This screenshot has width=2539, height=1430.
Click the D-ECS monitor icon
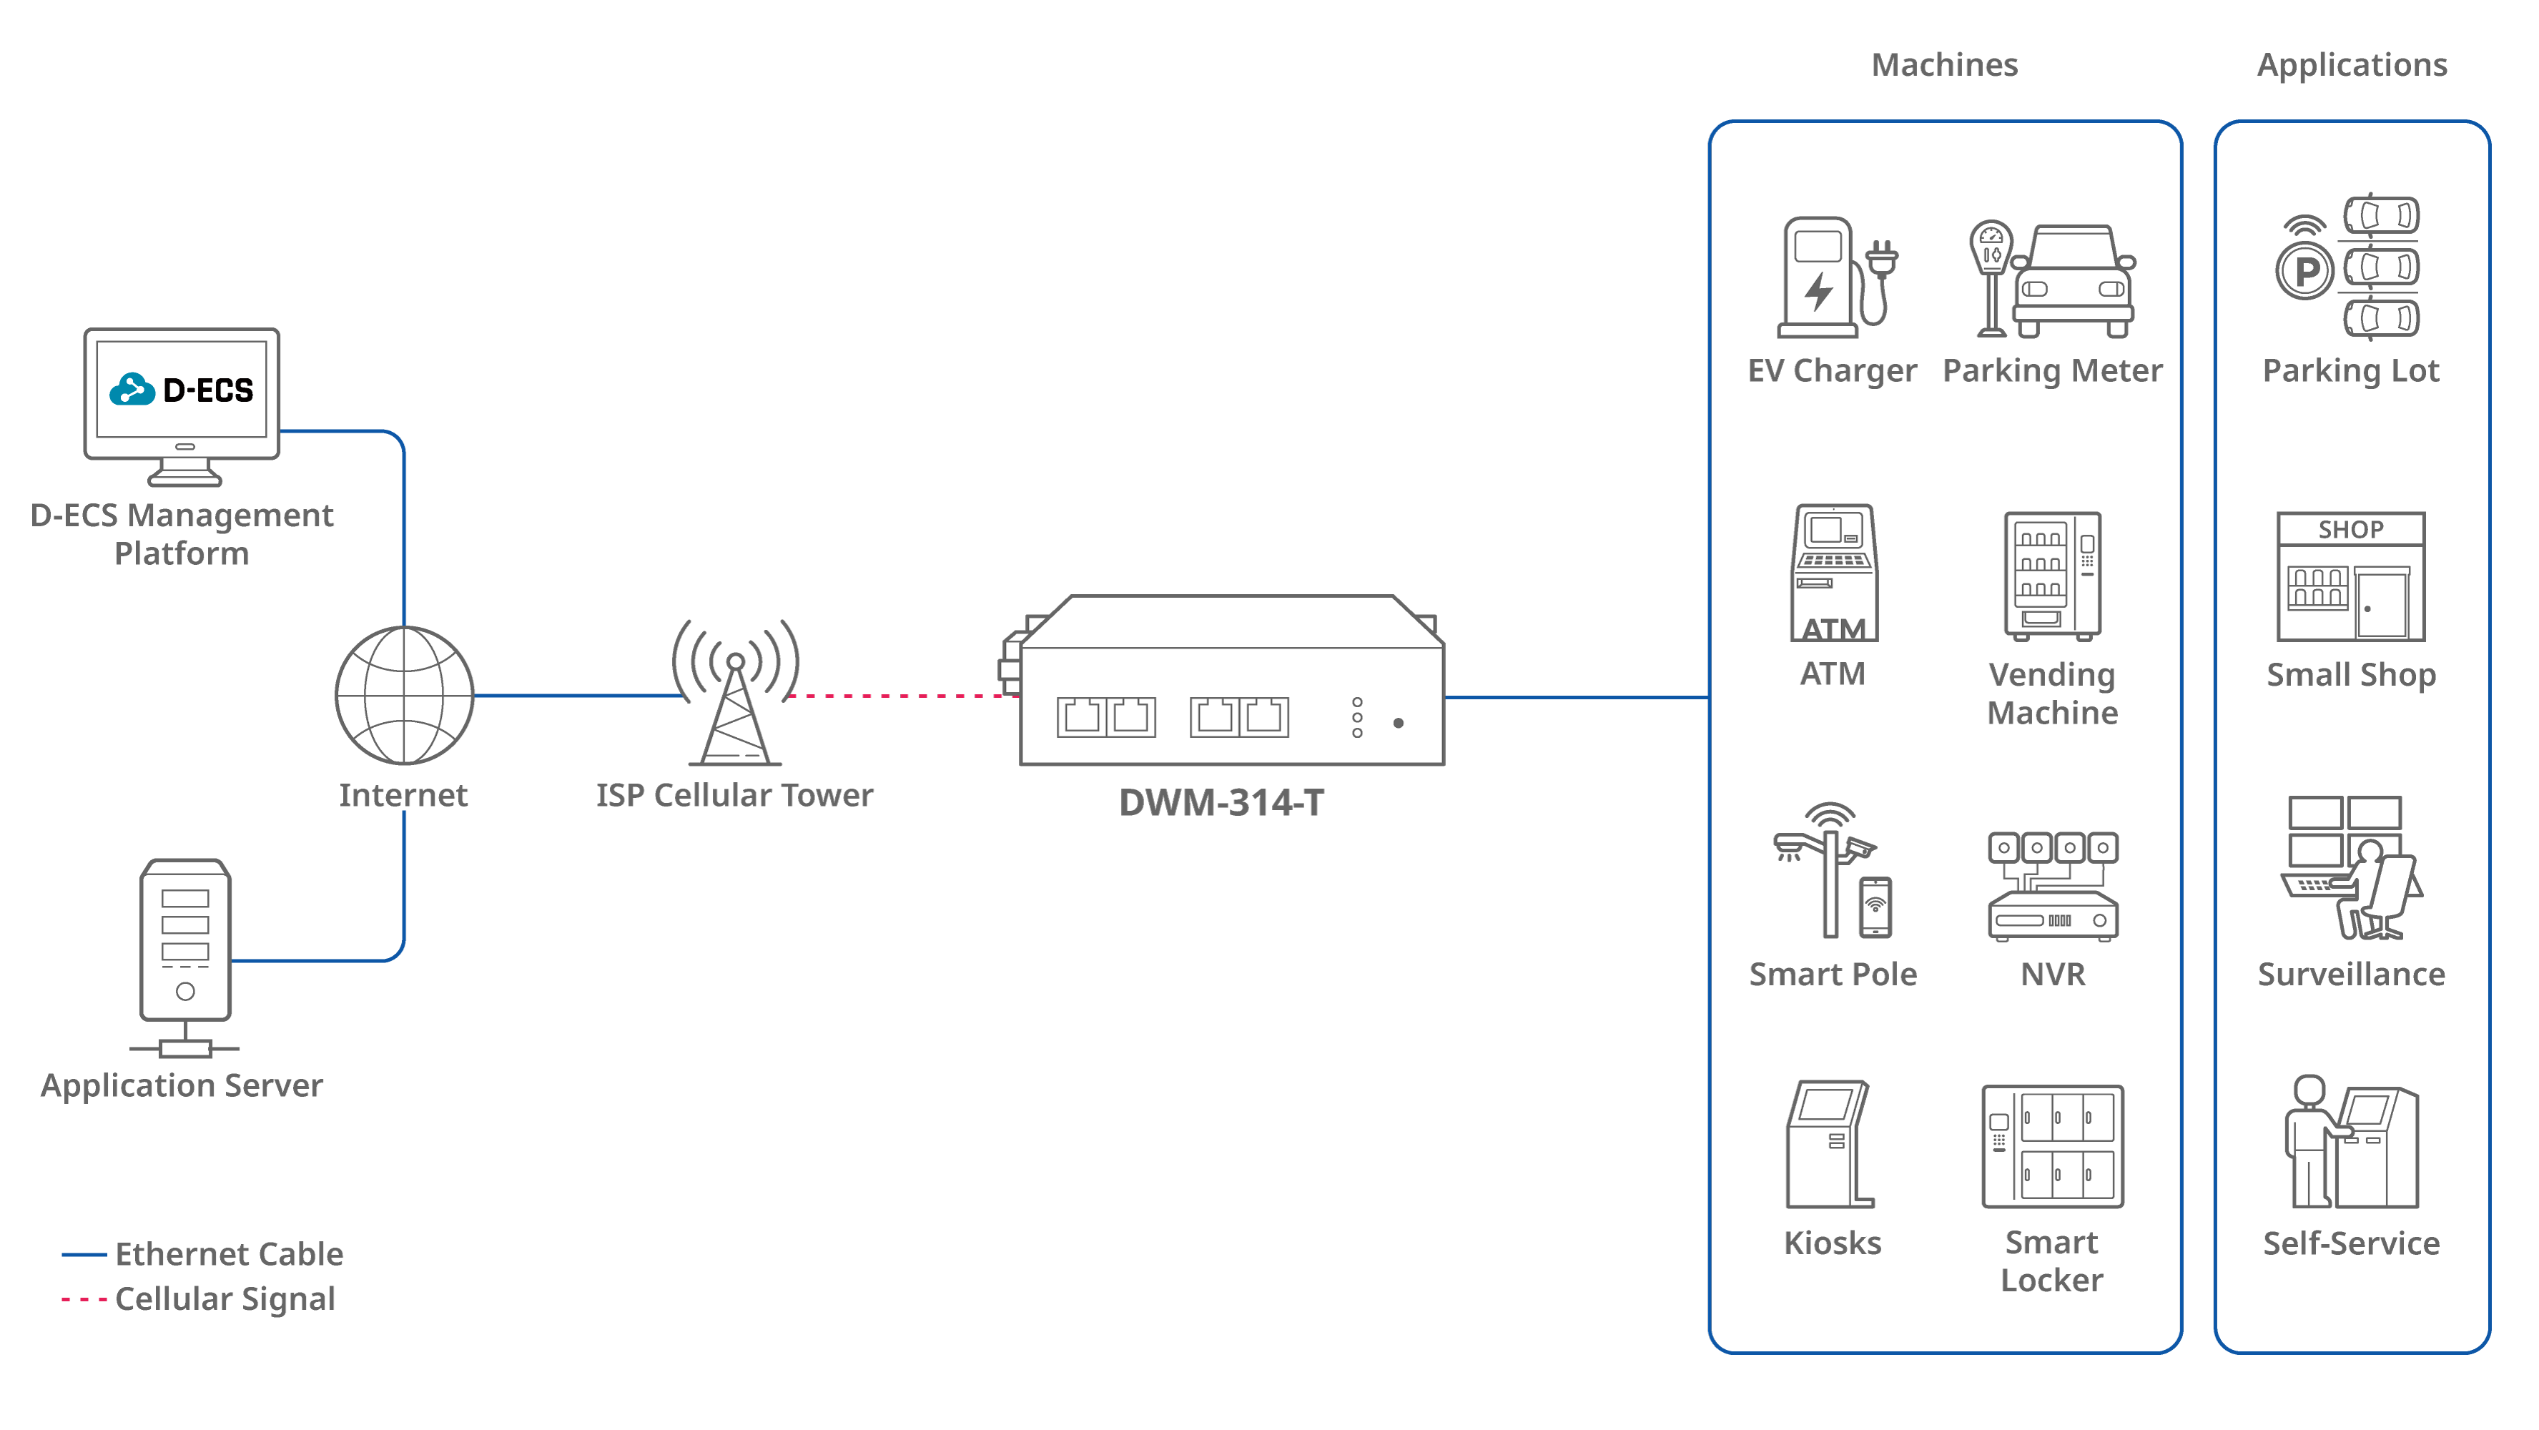tap(182, 404)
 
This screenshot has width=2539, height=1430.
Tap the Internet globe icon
tap(404, 695)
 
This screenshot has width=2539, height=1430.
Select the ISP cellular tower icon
tap(735, 695)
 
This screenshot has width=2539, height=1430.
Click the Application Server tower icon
tap(185, 946)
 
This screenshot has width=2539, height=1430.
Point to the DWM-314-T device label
tap(1221, 803)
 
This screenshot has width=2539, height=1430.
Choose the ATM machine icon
tap(1833, 573)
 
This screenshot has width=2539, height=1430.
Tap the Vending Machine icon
tap(2052, 576)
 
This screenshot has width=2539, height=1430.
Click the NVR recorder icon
tap(2053, 887)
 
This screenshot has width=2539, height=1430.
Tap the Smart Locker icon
tap(2053, 1146)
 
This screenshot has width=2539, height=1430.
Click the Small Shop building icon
tap(2351, 576)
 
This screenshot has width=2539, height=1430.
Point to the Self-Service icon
tap(2351, 1143)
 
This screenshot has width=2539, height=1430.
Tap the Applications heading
tap(2352, 65)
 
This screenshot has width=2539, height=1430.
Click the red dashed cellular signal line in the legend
tap(84, 1300)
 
